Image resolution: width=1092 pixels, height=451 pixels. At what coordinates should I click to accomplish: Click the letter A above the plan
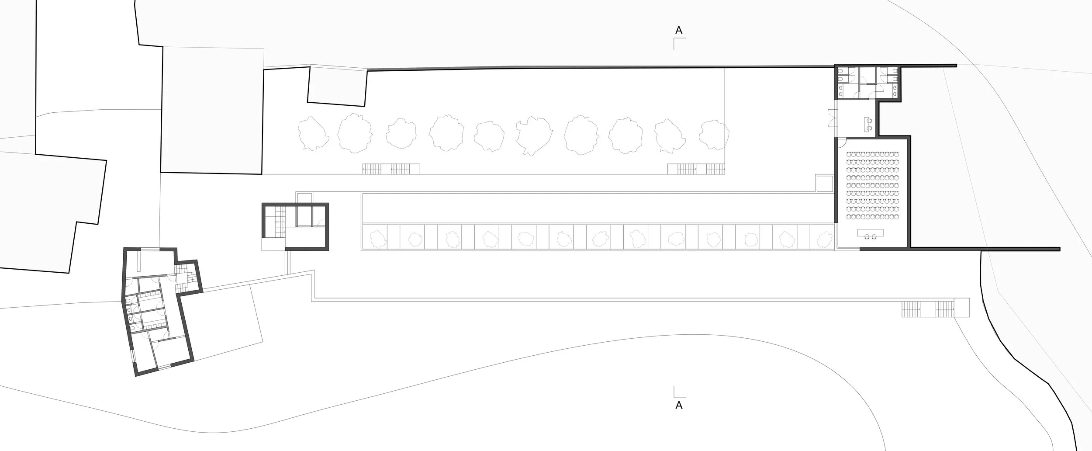point(679,30)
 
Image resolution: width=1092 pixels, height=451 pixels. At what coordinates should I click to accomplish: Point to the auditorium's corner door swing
point(841,144)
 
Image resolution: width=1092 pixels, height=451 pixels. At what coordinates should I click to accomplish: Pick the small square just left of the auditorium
point(825,184)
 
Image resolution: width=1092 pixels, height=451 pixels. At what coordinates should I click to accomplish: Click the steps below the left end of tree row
point(391,169)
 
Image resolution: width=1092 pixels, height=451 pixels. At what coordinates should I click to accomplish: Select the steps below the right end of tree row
point(696,169)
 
